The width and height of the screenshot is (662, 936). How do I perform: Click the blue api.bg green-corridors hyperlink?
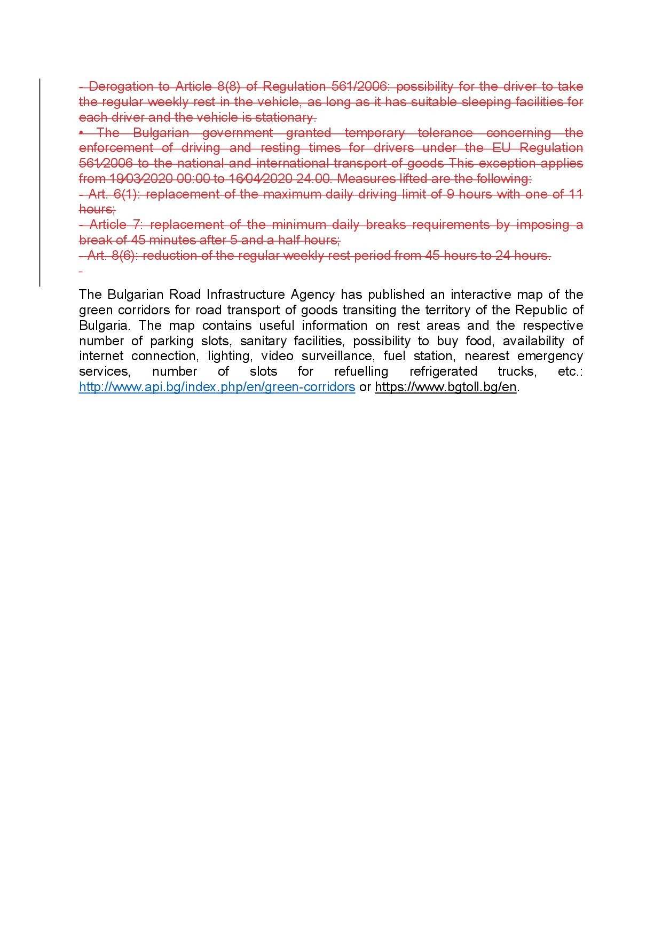pyautogui.click(x=217, y=387)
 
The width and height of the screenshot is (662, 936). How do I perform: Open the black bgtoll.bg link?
pyautogui.click(x=445, y=387)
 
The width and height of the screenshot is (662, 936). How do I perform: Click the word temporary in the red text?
pyautogui.click(x=374, y=132)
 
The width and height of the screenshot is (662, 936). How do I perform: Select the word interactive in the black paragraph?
pyautogui.click(x=480, y=295)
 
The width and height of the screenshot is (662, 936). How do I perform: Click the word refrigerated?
pyautogui.click(x=443, y=371)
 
